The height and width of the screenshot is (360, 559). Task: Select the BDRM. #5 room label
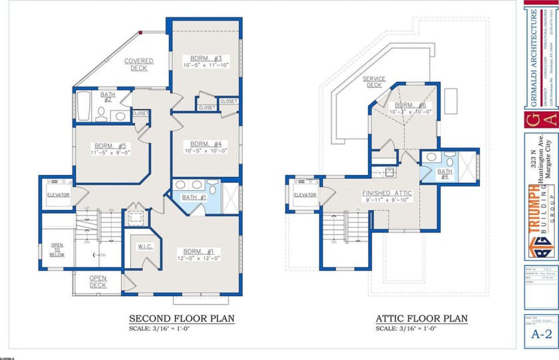pos(110,146)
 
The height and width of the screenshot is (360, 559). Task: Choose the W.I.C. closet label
pos(146,247)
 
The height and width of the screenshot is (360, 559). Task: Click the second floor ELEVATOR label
pos(59,194)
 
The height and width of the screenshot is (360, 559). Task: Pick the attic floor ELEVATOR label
pos(305,194)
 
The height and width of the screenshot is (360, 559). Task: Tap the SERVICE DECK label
pos(373,82)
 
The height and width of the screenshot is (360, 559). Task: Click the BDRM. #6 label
pos(410,105)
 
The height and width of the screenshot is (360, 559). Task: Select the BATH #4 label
pos(445,174)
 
